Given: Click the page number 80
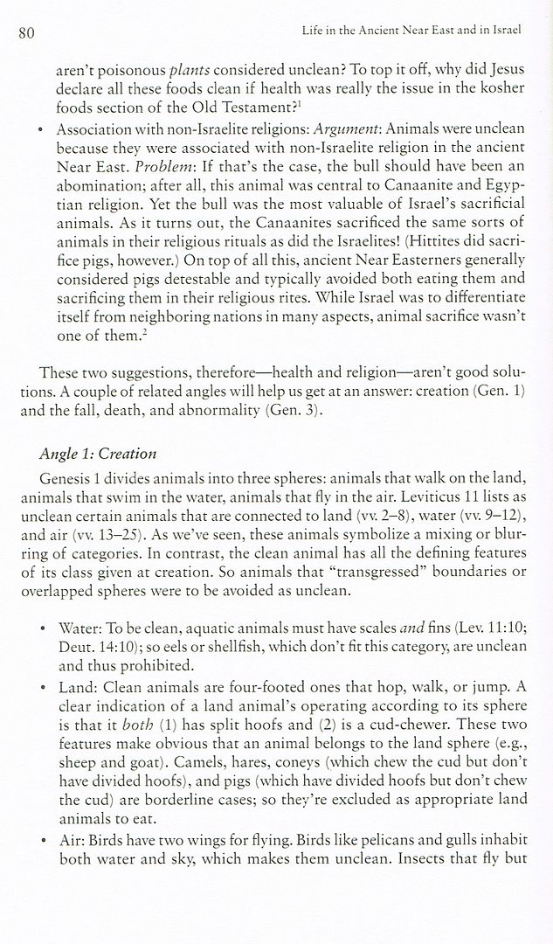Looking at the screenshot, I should pyautogui.click(x=25, y=33).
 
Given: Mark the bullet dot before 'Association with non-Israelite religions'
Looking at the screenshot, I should pyautogui.click(x=43, y=129).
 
